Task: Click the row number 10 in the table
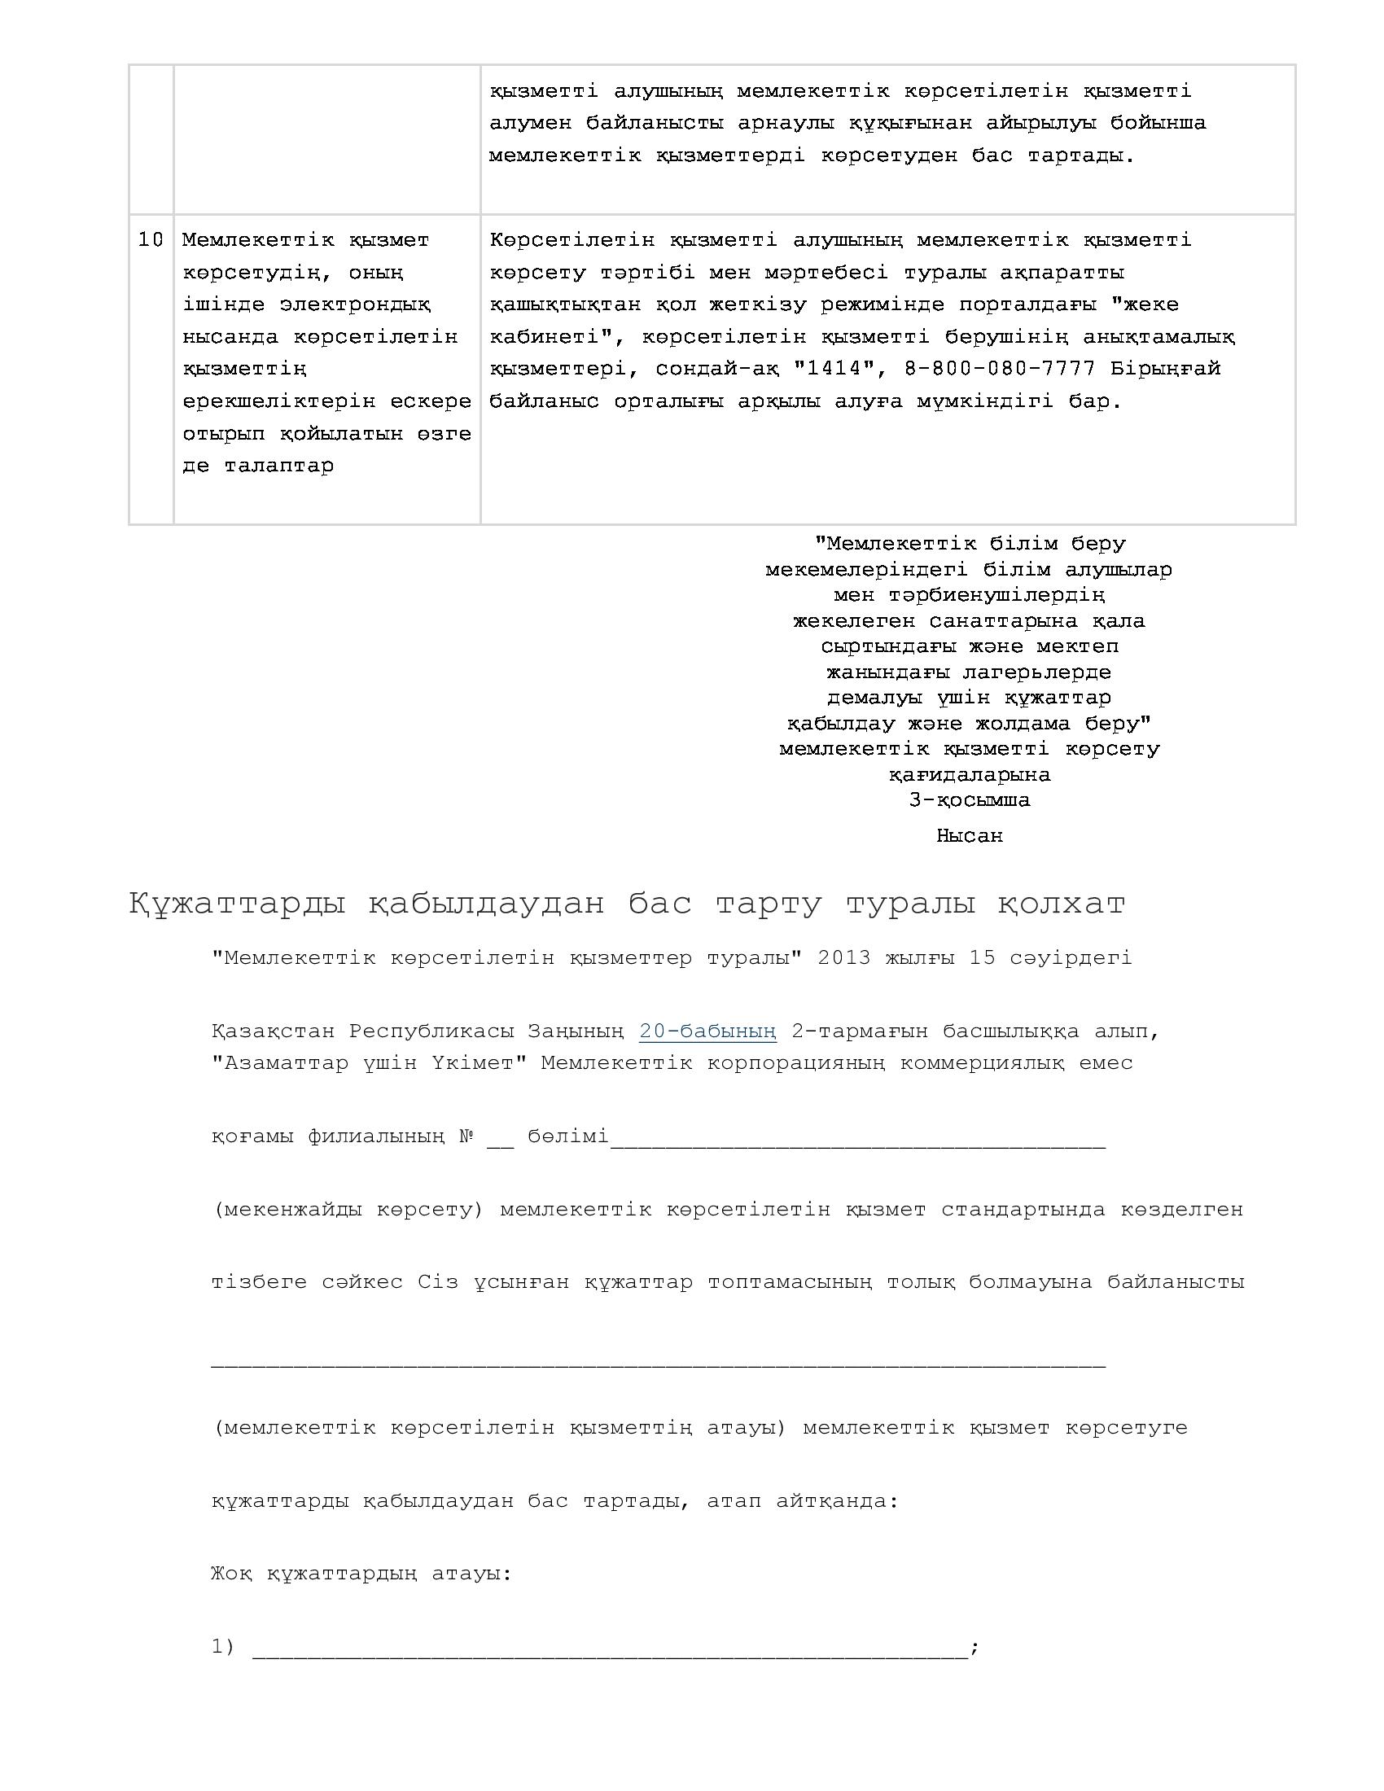pos(151,240)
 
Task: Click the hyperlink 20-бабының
pos(707,1031)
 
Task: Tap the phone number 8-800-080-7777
pos(1000,369)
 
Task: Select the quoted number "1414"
pos(834,369)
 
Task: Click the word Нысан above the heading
pos(969,835)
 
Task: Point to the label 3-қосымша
pos(969,799)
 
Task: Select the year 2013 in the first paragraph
pos(843,958)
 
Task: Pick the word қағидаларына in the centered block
pos(969,774)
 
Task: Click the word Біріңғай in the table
pos(1165,369)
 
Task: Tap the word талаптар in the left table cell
pos(278,466)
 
